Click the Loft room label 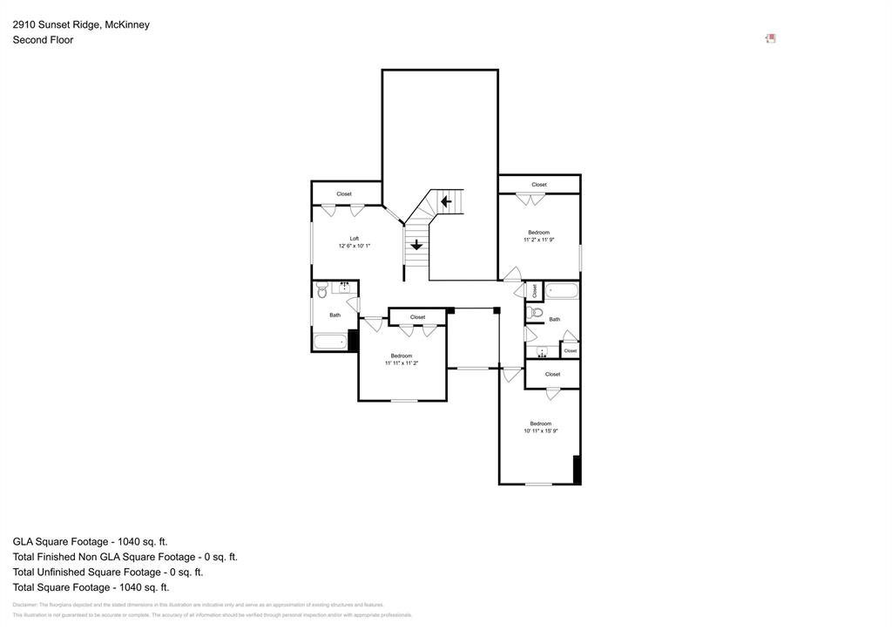tap(355, 238)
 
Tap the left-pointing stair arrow tap(446, 202)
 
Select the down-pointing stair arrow tap(416, 245)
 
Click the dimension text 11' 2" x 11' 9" tap(538, 240)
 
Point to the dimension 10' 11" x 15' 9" tap(540, 430)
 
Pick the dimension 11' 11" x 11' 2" tap(401, 362)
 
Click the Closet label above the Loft tap(344, 193)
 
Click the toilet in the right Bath tap(537, 311)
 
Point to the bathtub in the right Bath tap(562, 290)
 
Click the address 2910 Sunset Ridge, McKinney tap(81, 24)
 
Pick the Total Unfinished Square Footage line tap(108, 572)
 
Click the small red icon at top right tap(771, 38)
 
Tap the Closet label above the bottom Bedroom tap(552, 374)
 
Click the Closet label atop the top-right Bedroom tap(539, 185)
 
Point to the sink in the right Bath tap(542, 352)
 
